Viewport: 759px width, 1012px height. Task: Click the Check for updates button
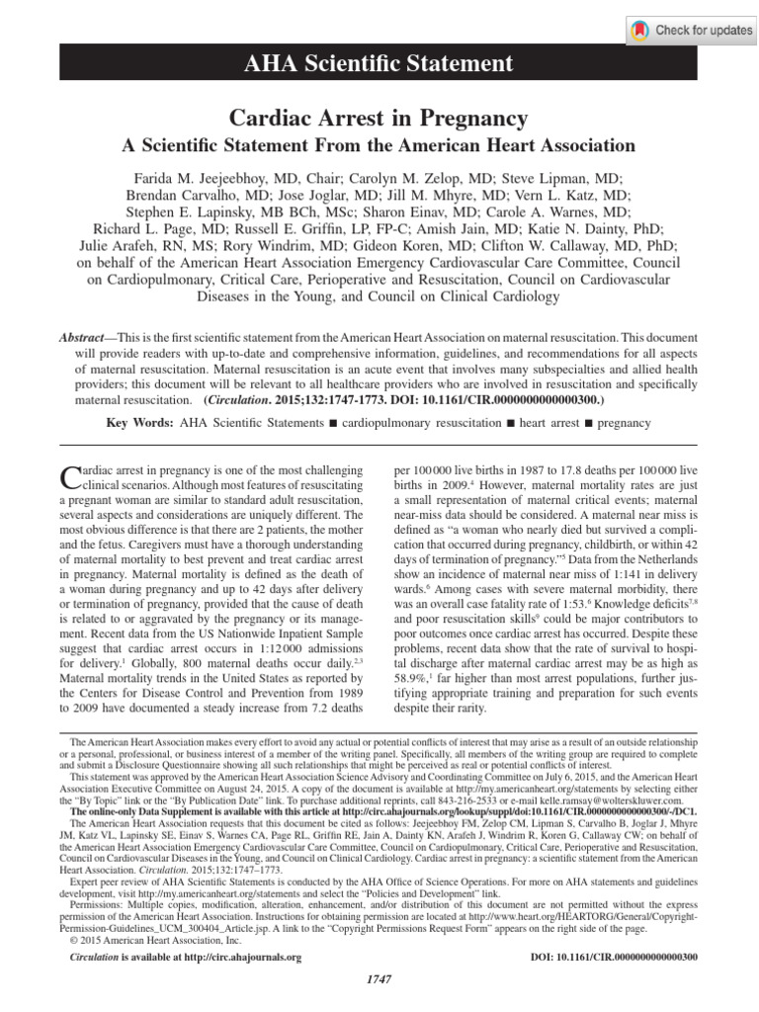point(692,30)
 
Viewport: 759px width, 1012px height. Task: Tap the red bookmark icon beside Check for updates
point(640,30)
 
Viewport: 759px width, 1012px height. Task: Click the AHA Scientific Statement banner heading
point(379,64)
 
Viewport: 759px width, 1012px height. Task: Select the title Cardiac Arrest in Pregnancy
point(379,119)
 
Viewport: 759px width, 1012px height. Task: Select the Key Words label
point(139,422)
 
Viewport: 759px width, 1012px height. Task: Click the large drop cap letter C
point(69,479)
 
